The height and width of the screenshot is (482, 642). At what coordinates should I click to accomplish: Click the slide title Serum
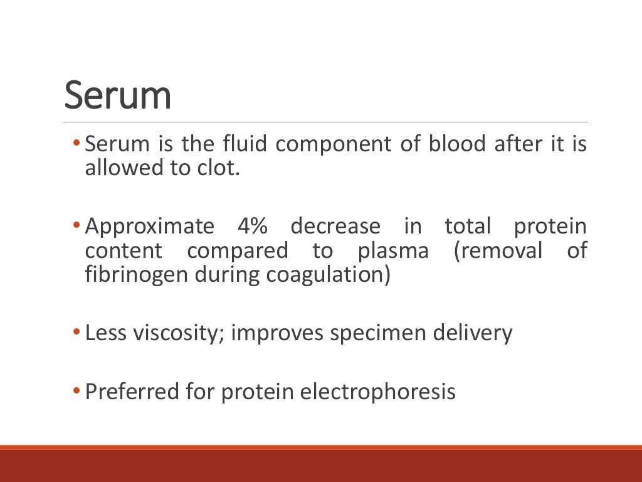pyautogui.click(x=118, y=95)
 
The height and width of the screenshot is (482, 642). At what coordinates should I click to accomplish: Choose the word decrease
pyautogui.click(x=335, y=226)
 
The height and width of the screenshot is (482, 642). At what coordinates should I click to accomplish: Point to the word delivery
pyautogui.click(x=473, y=333)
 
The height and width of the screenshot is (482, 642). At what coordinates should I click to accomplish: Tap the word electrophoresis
pyautogui.click(x=378, y=392)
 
